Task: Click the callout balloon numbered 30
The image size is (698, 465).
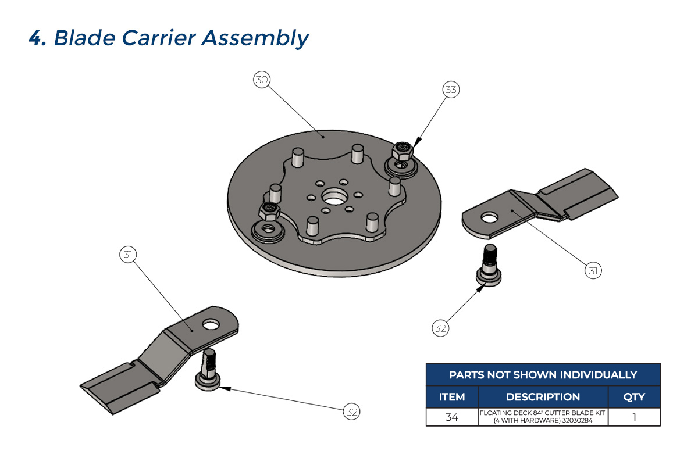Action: point(262,80)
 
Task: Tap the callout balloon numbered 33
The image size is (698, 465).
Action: point(451,90)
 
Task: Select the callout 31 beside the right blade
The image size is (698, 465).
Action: point(593,271)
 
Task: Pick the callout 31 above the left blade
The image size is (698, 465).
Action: point(128,254)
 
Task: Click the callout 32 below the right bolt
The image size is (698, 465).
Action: point(440,328)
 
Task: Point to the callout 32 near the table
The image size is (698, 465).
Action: point(351,412)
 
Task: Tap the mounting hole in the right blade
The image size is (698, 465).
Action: point(490,219)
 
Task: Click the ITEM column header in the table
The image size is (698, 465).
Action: point(452,397)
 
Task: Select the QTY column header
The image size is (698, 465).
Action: point(633,397)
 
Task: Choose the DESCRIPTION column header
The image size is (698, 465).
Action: point(543,397)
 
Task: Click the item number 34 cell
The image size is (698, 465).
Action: point(452,417)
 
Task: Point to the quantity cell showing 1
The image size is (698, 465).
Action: point(633,417)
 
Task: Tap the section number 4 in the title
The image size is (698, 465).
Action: point(37,39)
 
